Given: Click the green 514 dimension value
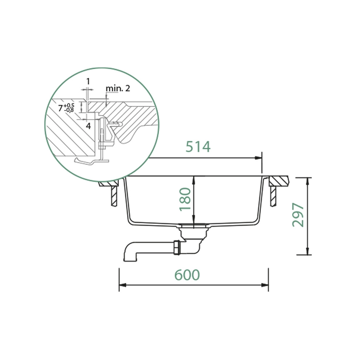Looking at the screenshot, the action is tap(198, 147).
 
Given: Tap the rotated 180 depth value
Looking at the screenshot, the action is tap(185, 199).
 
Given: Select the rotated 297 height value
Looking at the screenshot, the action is tap(298, 215).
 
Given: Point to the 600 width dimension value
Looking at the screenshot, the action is tap(187, 275).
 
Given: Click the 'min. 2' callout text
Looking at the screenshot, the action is tap(118, 88).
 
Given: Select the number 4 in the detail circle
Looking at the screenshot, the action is tap(89, 126).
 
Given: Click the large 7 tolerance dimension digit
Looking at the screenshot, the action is tap(60, 108).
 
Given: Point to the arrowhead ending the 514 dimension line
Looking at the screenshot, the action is tap(258, 158).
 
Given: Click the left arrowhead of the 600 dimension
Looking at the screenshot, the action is tap(123, 285).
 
